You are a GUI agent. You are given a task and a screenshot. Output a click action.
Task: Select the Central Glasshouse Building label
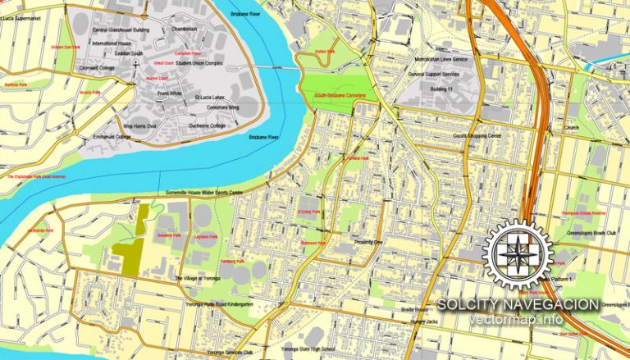click(x=121, y=30)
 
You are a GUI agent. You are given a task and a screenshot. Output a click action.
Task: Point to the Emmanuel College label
click(x=111, y=137)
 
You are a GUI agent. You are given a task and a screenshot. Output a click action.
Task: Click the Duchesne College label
click(x=207, y=125)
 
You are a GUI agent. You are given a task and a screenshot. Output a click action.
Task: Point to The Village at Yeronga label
click(x=199, y=279)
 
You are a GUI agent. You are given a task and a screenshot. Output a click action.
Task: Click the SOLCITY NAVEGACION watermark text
click(x=518, y=304)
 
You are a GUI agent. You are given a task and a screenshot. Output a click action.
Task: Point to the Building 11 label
click(x=443, y=88)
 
